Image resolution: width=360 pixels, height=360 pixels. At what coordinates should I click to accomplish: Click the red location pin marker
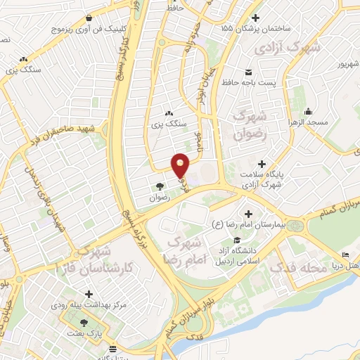pos(181,166)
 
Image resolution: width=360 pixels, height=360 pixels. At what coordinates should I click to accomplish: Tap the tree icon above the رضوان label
pos(160,187)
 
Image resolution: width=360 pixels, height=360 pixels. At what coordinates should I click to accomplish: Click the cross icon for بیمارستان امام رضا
pos(247,214)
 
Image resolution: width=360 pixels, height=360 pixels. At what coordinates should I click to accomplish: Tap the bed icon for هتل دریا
pos(345,255)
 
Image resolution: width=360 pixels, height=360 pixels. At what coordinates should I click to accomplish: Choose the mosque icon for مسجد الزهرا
pos(308,112)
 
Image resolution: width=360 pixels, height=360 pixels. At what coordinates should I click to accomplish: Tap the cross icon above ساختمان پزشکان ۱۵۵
pos(256,18)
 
